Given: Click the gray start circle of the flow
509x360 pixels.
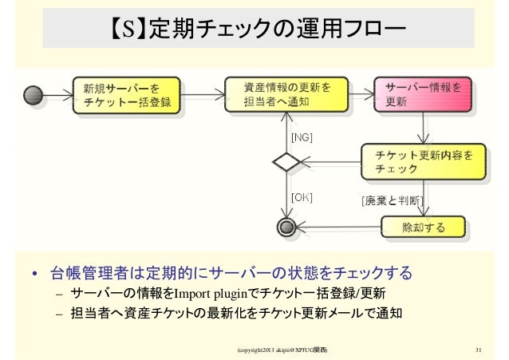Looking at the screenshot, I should click(35, 96).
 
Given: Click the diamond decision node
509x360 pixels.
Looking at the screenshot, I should click(286, 162).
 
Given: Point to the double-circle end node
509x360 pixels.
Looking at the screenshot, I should click(286, 227).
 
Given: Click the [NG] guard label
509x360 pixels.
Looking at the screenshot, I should click(302, 137).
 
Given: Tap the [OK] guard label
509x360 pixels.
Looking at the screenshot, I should click(302, 196).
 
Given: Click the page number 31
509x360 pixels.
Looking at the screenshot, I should click(478, 350).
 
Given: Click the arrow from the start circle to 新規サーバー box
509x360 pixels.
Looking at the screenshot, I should click(57, 96).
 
